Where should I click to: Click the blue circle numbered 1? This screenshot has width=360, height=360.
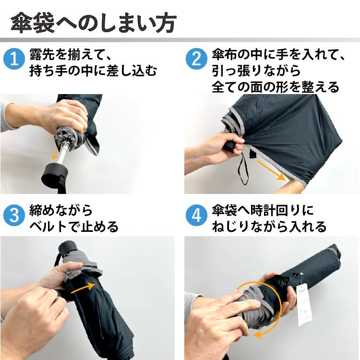tap(14, 59)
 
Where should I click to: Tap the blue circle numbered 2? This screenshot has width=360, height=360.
tap(196, 59)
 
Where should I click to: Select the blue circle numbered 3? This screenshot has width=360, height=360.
tap(14, 216)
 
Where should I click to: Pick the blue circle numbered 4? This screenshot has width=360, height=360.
tap(196, 216)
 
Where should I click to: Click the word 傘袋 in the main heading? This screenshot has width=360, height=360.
tap(33, 23)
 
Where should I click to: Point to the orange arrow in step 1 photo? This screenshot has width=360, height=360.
tap(55, 154)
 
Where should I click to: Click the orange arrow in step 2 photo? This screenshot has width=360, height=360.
tap(271, 170)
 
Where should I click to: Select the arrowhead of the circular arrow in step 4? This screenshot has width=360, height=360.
tap(258, 335)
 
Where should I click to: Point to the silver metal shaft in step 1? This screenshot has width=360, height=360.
tap(63, 153)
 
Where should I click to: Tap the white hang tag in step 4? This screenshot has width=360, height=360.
tap(304, 304)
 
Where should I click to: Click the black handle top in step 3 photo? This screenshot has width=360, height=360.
tap(67, 248)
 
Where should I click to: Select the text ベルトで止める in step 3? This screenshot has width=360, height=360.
tap(74, 227)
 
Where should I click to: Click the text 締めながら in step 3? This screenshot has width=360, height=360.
tap(61, 210)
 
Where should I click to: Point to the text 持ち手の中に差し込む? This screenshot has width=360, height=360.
tap(93, 70)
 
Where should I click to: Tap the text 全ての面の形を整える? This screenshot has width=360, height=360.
tap(276, 87)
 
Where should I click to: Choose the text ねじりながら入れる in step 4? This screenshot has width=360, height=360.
tap(269, 227)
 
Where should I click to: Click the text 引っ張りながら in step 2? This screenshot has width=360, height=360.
tap(256, 70)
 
